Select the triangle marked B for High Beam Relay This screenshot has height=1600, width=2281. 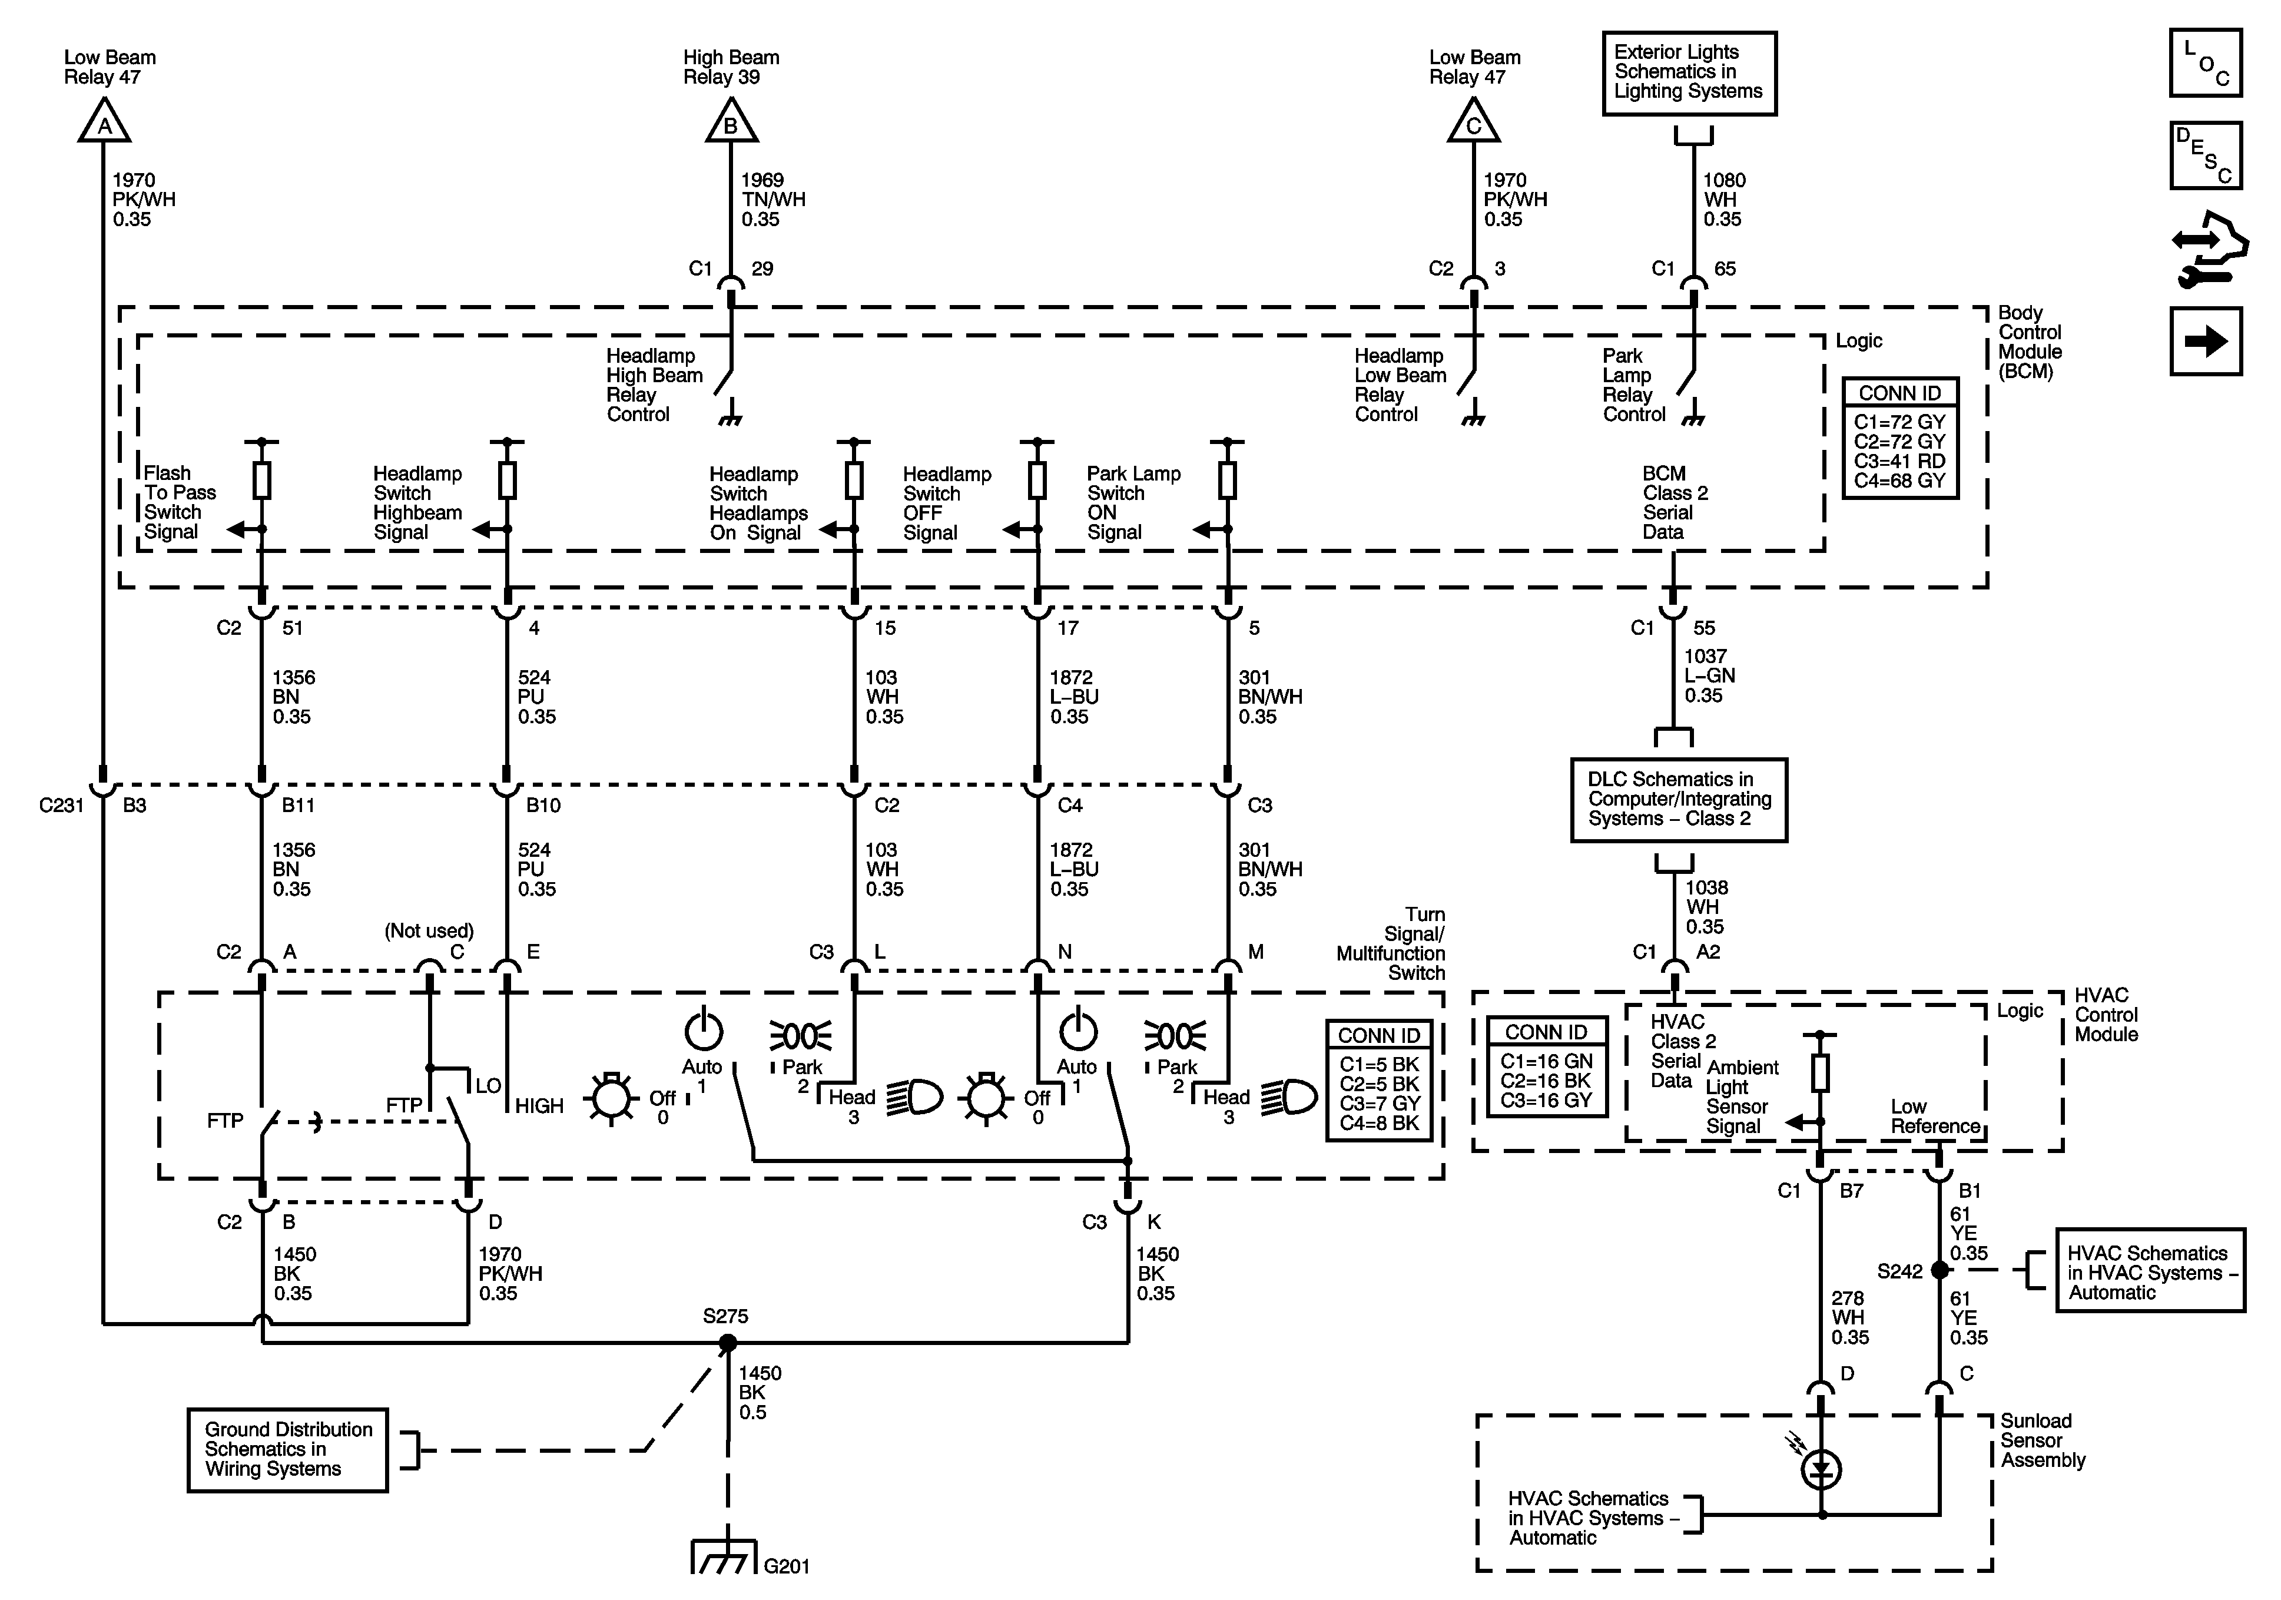click(x=731, y=122)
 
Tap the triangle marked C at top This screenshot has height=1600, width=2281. click(x=1473, y=122)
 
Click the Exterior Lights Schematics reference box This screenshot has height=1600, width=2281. click(x=1689, y=72)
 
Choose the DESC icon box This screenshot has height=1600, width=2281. click(x=2206, y=155)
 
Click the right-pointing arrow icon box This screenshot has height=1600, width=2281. click(x=2206, y=342)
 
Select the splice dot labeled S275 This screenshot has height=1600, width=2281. click(x=727, y=1343)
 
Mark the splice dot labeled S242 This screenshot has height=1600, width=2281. click(x=1939, y=1270)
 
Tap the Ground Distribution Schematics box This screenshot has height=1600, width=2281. click(x=288, y=1450)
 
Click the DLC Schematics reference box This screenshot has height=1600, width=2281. click(x=1679, y=800)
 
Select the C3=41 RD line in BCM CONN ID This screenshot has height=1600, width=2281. click(x=1899, y=461)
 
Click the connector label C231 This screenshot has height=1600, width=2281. click(x=62, y=805)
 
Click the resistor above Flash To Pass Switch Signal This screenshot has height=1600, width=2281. click(x=262, y=480)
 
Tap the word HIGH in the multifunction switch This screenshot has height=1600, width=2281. click(x=539, y=1106)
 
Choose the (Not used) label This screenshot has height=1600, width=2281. click(x=429, y=931)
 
